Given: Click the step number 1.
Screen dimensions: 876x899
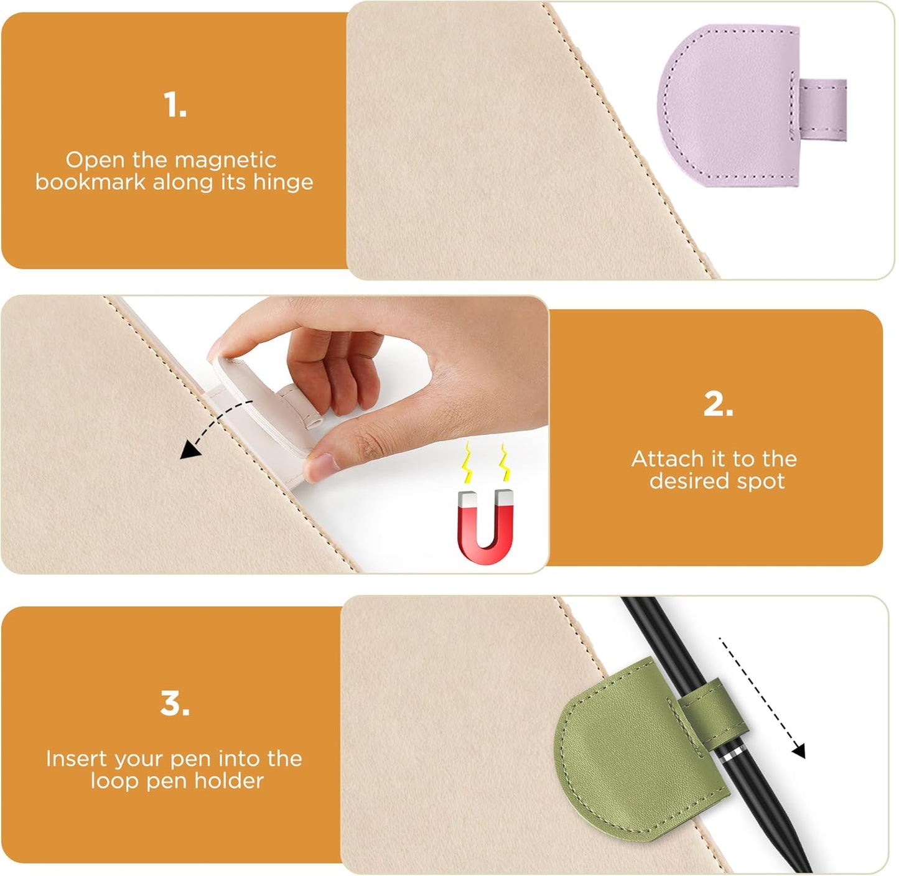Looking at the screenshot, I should (175, 105).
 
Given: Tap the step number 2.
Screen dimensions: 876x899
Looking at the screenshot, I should (718, 404).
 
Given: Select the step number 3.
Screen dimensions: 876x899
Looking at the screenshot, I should (175, 704).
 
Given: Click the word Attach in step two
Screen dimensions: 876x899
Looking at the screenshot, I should (667, 459).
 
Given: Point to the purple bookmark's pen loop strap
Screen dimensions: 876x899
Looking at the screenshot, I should (822, 109).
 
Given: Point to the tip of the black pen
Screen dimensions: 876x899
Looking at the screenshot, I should (806, 868).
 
